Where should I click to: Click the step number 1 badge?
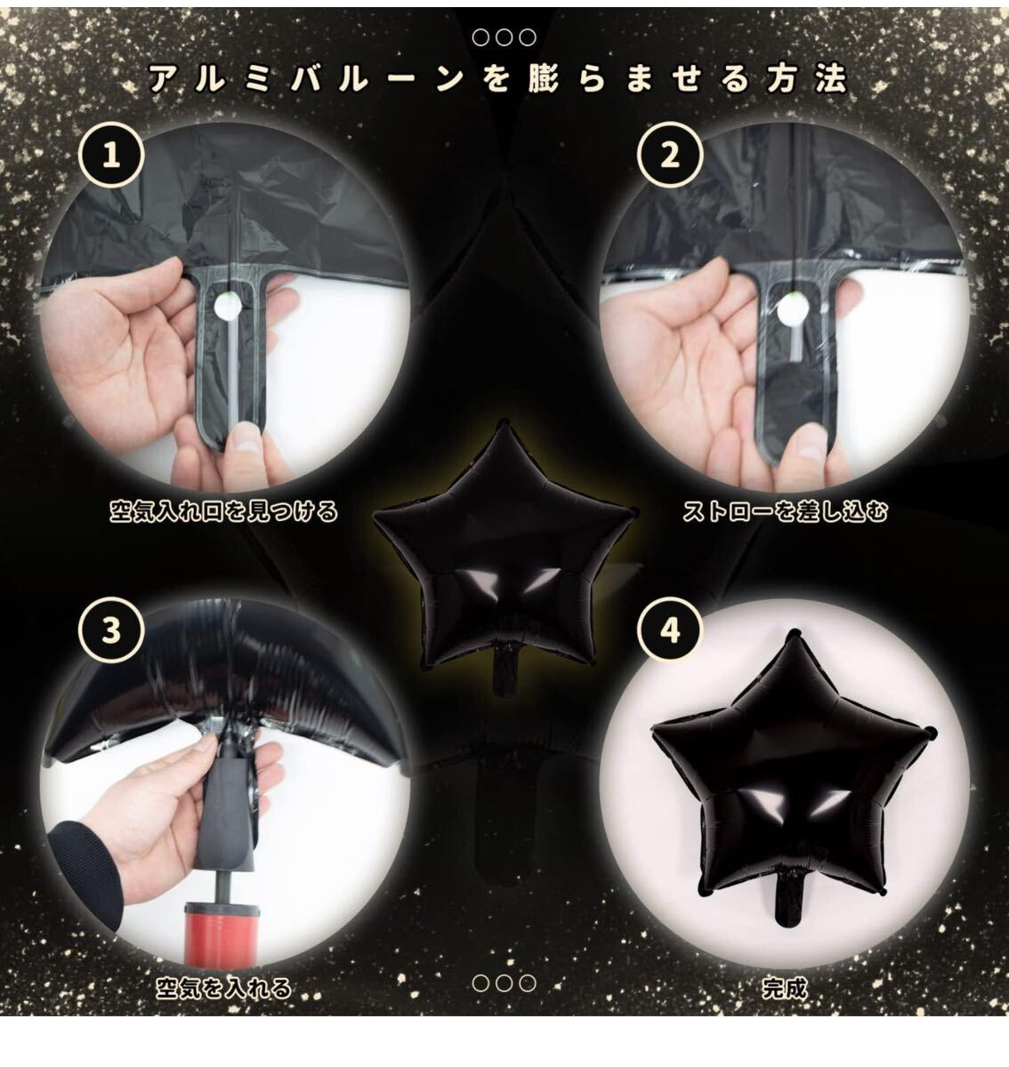[x=111, y=156]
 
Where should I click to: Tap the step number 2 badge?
[x=670, y=156]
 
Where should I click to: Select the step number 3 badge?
[x=111, y=630]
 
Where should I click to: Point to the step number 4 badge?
[x=670, y=630]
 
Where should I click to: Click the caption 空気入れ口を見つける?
[x=223, y=511]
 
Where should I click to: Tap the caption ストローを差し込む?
[x=785, y=511]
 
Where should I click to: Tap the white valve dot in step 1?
[x=226, y=308]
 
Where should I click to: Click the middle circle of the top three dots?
[x=504, y=37]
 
